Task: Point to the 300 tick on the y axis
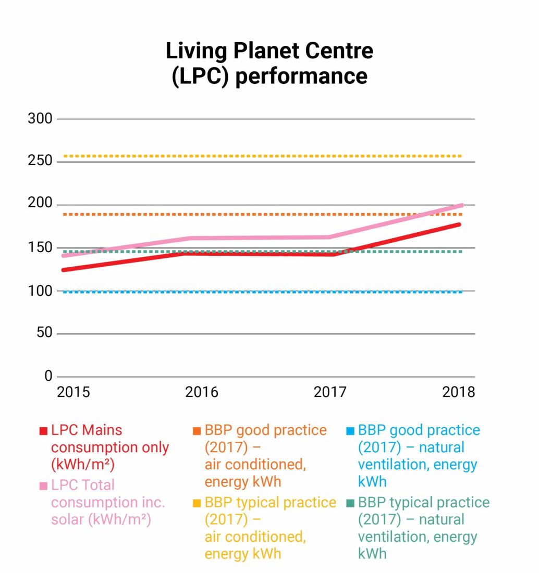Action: [40, 119]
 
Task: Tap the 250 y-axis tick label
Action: [40, 161]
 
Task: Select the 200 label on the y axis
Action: [40, 205]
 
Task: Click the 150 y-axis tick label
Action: [40, 247]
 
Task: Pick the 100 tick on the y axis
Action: [40, 291]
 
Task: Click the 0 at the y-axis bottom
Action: [48, 376]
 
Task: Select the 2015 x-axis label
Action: [73, 392]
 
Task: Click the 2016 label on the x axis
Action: [202, 392]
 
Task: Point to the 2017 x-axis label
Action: [330, 392]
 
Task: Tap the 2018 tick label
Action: [459, 392]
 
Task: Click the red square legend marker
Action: [43, 431]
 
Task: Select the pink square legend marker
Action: [43, 486]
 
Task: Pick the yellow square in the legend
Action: [197, 503]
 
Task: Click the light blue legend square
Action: [350, 431]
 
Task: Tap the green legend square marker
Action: [350, 503]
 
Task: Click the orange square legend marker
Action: [197, 431]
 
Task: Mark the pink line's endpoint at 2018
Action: [461, 205]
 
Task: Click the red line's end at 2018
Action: [458, 225]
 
